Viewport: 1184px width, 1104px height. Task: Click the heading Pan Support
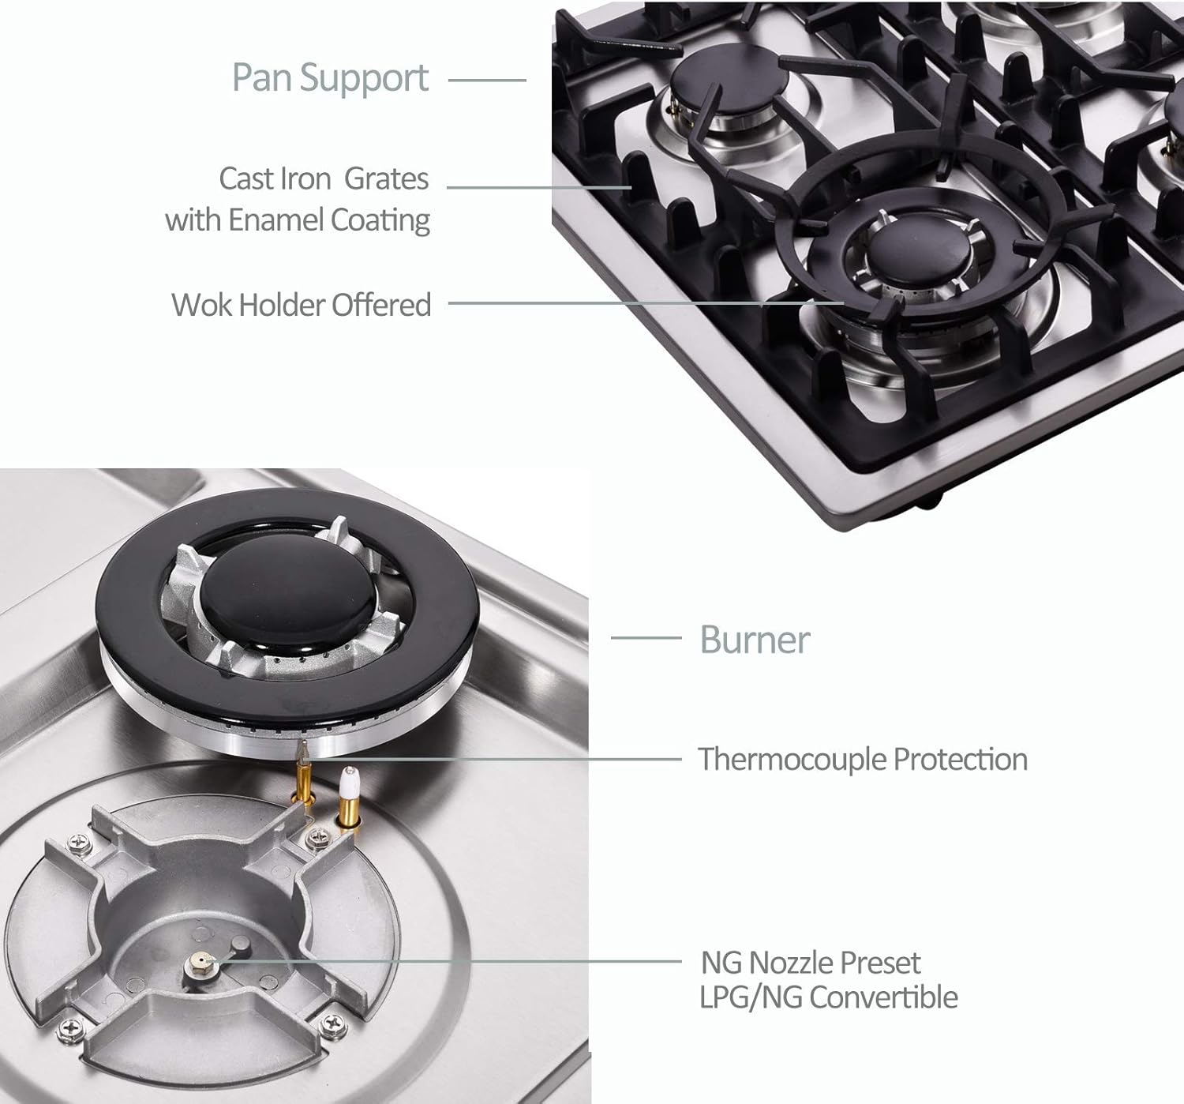tap(330, 78)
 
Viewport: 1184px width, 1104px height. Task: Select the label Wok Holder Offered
tap(301, 304)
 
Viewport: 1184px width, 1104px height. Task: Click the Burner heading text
tap(755, 639)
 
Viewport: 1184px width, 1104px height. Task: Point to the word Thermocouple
tap(792, 759)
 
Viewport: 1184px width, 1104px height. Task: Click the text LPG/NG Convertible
tap(828, 997)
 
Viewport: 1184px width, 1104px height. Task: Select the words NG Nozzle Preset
tap(811, 963)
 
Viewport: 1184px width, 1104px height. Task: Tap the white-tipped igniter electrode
tap(346, 787)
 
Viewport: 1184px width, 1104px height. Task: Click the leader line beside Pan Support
tap(487, 80)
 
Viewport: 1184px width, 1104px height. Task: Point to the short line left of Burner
tap(646, 638)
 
